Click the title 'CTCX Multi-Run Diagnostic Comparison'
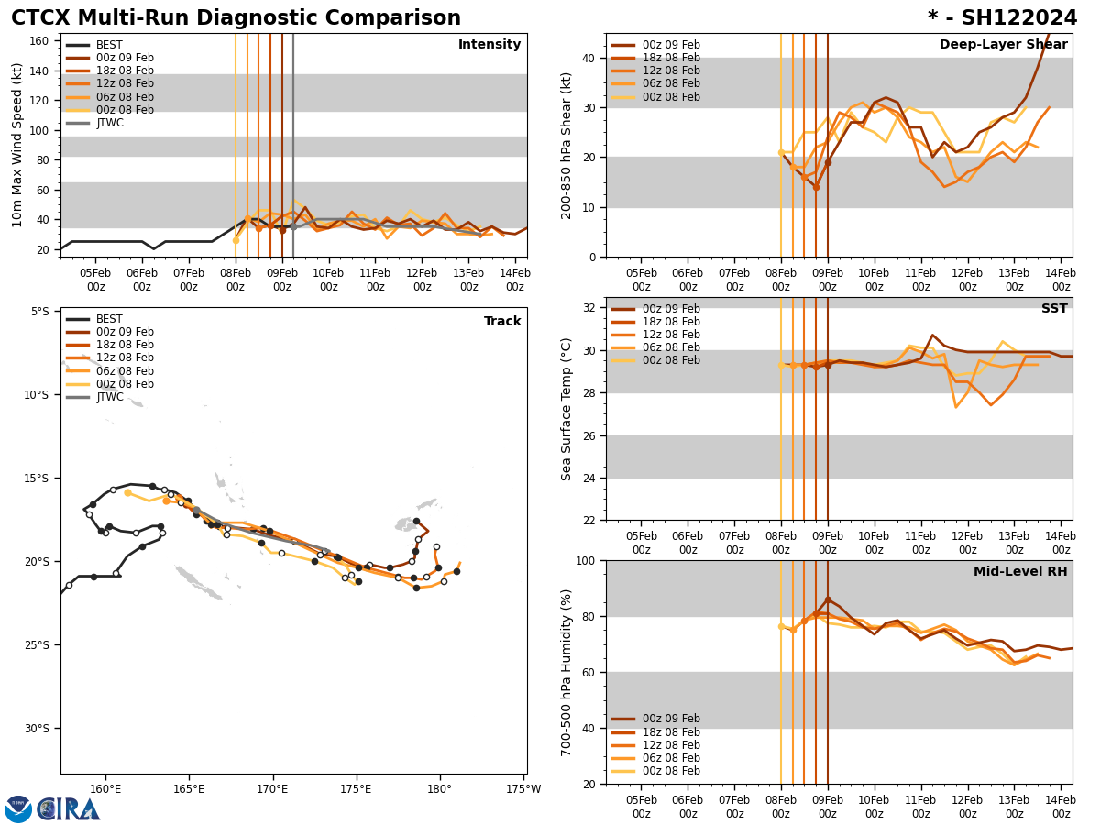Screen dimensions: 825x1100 point(236,18)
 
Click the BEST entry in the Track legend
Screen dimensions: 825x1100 point(109,319)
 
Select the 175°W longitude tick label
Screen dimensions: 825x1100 point(522,789)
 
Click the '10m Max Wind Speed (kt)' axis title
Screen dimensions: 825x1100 point(17,145)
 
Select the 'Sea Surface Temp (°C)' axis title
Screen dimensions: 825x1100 point(566,409)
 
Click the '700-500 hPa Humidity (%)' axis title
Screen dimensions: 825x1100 point(566,672)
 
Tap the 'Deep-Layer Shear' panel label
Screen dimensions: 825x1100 point(1003,45)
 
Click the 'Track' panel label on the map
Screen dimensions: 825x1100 point(502,322)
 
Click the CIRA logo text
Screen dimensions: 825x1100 point(69,809)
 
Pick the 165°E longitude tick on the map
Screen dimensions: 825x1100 point(189,789)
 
